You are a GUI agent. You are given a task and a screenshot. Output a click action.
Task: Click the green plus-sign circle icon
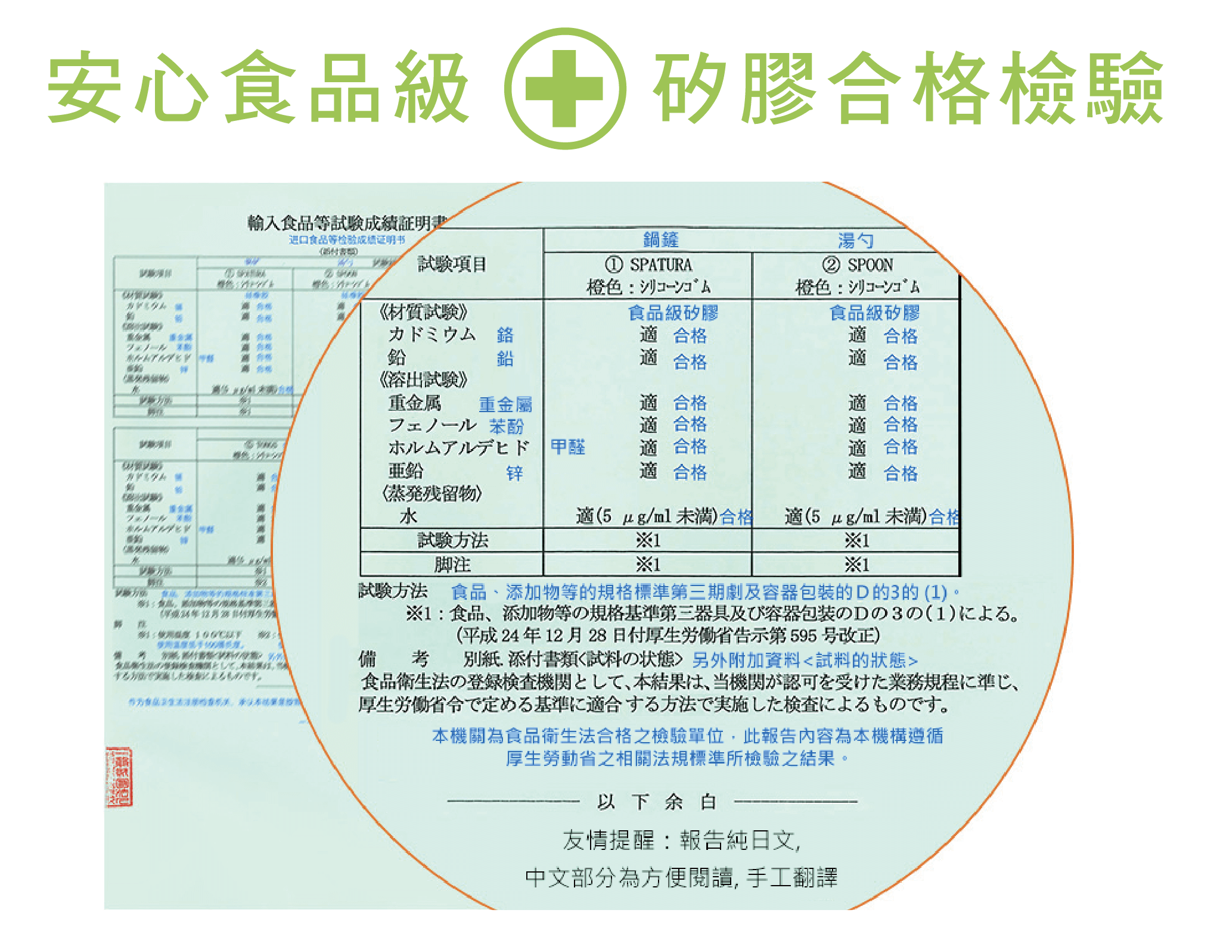pos(564,88)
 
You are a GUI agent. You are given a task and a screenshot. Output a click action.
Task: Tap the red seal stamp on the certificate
pos(119,776)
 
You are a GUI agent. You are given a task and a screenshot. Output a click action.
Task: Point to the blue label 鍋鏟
pos(661,239)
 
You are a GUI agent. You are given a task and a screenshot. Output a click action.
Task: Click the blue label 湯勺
pos(856,241)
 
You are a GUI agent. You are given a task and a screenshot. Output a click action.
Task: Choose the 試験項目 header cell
pos(452,264)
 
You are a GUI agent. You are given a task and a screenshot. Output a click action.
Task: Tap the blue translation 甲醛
pos(567,447)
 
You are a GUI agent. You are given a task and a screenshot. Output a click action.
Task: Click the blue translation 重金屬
pos(505,404)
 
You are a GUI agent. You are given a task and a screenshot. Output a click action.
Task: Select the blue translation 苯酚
pos(507,426)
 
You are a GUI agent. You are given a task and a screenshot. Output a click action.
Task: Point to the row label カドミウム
pos(432,334)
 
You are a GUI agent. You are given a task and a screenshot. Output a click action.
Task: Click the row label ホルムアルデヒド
pos(458,447)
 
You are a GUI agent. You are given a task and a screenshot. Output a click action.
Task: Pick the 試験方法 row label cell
pos(452,540)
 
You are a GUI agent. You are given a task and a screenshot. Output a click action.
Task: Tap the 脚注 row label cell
pos(452,564)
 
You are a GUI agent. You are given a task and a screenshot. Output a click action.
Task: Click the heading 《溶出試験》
pos(424,379)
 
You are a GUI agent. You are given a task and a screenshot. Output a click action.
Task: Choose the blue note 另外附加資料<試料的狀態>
pos(805,660)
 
